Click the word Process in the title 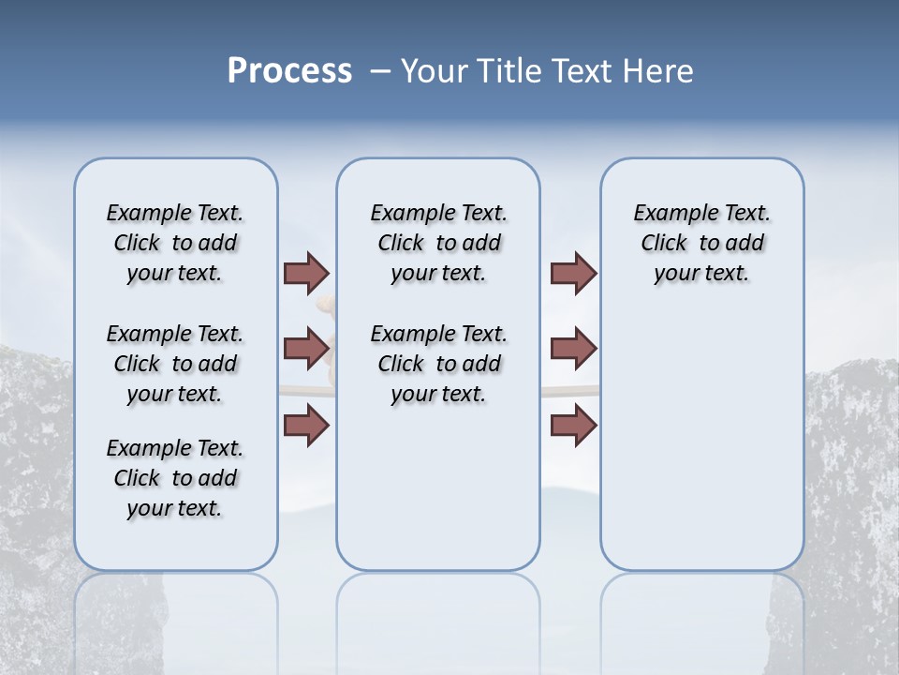(289, 71)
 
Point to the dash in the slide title (380, 72)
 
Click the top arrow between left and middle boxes (306, 273)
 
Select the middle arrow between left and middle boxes (306, 349)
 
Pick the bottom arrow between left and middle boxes (306, 426)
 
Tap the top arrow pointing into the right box (573, 273)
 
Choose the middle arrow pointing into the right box (573, 349)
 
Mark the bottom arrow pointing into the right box (573, 426)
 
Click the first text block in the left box (174, 243)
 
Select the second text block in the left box (174, 364)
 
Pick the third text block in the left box (174, 478)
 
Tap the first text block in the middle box (438, 243)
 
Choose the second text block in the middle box (438, 364)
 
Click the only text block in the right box (701, 243)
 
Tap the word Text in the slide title (584, 71)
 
